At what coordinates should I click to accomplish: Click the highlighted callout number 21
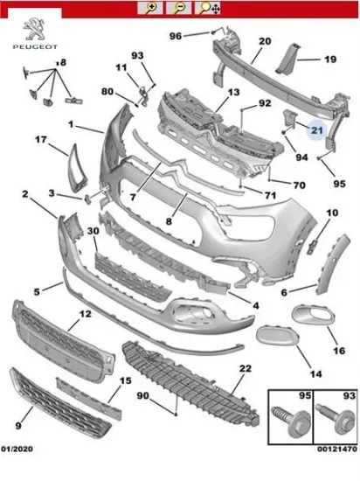click(x=317, y=130)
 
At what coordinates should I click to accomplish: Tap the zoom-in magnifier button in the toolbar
click(x=150, y=8)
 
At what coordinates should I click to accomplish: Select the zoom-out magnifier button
click(x=179, y=8)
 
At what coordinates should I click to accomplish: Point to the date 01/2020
click(x=17, y=449)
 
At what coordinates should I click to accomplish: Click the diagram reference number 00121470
click(x=337, y=450)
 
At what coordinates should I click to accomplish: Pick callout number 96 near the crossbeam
click(x=176, y=36)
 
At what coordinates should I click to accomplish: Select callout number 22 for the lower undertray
click(x=246, y=368)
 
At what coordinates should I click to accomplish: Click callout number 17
click(x=41, y=140)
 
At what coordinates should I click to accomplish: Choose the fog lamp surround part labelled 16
click(x=313, y=315)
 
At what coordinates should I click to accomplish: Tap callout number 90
click(x=142, y=395)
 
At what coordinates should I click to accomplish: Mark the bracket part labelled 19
click(x=287, y=59)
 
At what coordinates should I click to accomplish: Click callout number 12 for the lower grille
click(x=86, y=314)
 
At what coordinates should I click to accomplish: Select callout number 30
click(x=93, y=230)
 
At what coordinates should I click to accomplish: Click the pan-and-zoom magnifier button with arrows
click(x=208, y=8)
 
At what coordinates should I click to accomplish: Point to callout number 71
click(x=270, y=195)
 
